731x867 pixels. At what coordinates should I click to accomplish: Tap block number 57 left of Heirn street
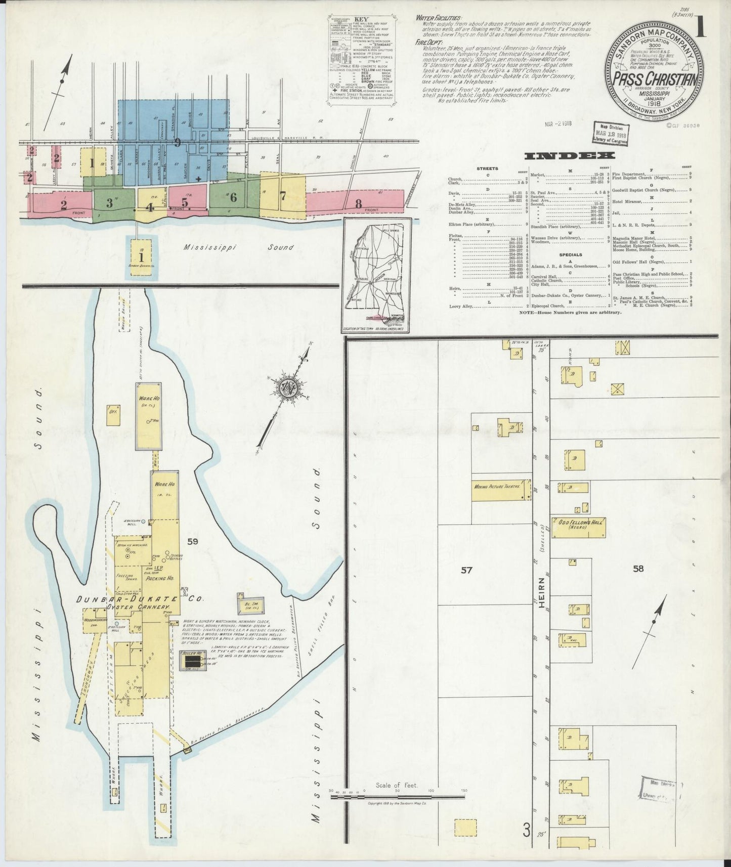click(466, 570)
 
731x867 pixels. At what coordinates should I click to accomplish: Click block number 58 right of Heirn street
click(638, 568)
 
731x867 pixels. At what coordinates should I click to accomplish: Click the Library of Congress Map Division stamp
click(610, 134)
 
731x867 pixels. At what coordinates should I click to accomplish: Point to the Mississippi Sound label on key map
click(239, 247)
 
